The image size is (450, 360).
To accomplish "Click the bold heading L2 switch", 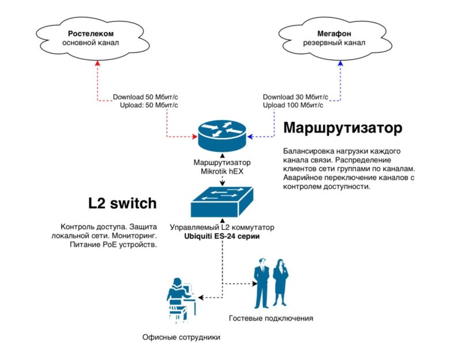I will (x=122, y=203).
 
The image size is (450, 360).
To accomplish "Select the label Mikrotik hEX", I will (x=222, y=172).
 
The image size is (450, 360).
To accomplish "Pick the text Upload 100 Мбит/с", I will (x=293, y=105).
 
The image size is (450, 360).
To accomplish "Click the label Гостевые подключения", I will (x=271, y=318).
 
